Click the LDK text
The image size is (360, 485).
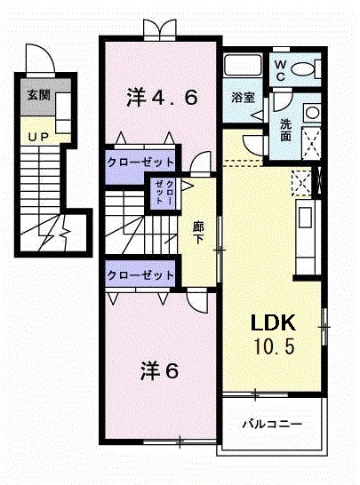pos(265,322)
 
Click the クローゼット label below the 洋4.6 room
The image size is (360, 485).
pos(141,162)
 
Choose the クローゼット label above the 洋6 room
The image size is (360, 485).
pos(140,275)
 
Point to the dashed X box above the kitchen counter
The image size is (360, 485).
pos(300,182)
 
